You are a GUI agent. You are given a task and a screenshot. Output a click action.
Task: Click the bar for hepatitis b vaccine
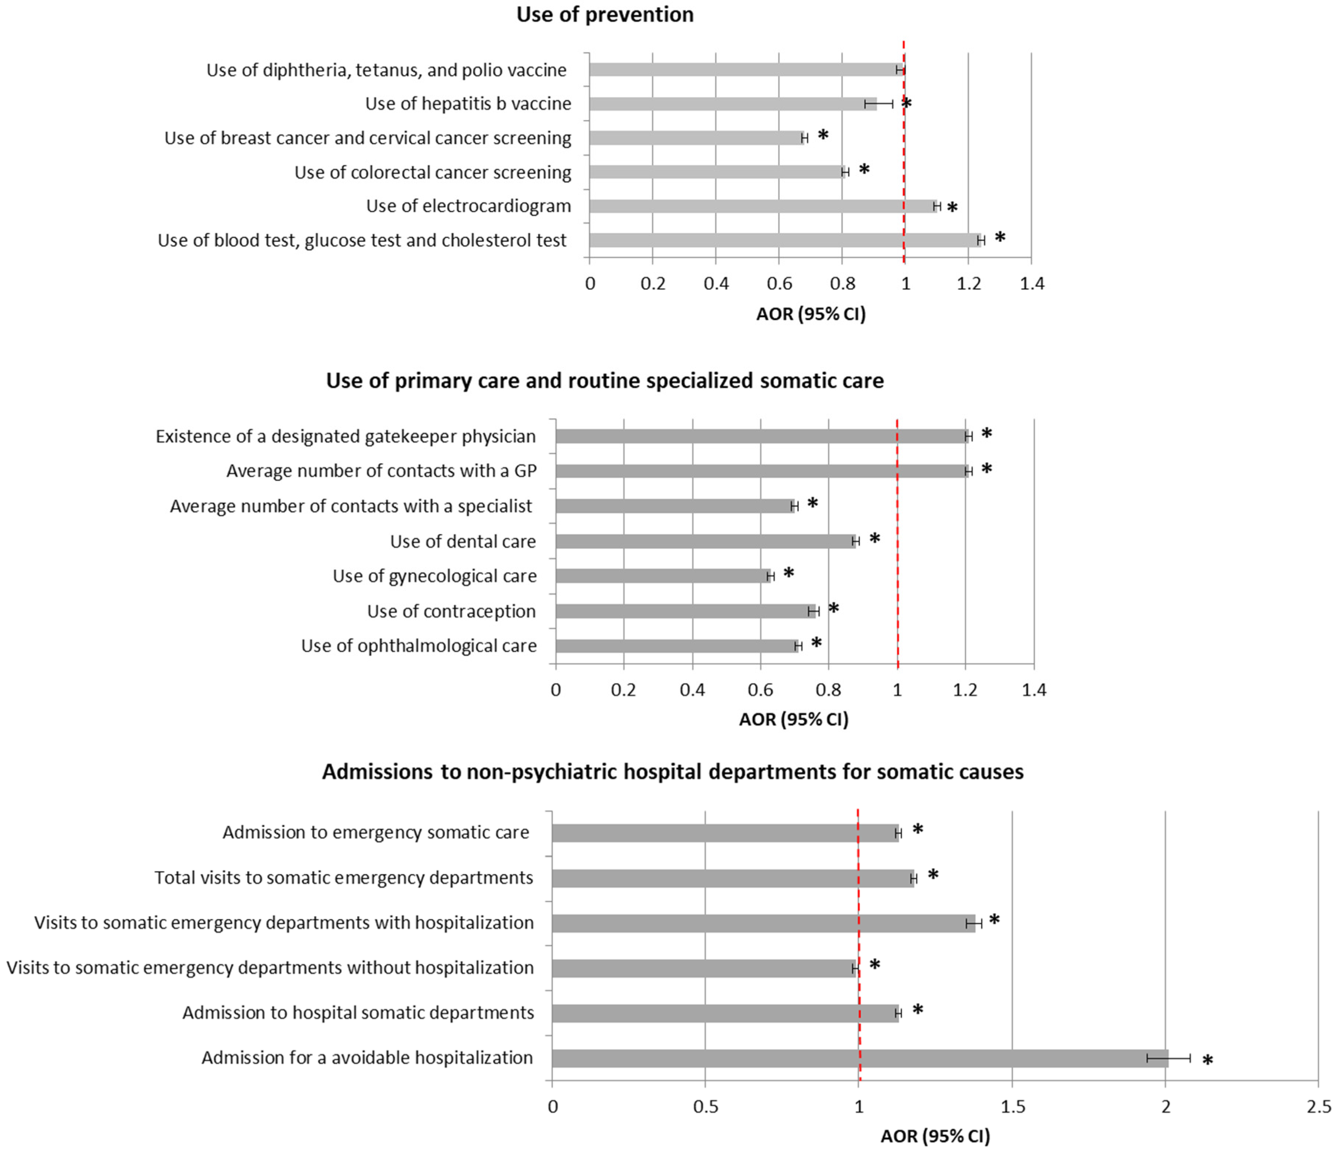click(733, 104)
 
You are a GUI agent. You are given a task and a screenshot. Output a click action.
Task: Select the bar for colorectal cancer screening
click(716, 172)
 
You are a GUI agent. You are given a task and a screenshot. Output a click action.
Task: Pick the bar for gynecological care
click(663, 576)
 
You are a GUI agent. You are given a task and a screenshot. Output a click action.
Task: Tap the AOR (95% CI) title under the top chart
click(811, 314)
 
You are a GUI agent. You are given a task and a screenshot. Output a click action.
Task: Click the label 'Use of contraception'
click(451, 611)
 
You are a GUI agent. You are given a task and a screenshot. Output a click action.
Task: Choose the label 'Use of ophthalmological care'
click(419, 646)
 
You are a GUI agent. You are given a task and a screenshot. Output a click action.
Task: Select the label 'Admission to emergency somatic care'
click(376, 832)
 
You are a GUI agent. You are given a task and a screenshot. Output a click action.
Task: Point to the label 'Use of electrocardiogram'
click(468, 206)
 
